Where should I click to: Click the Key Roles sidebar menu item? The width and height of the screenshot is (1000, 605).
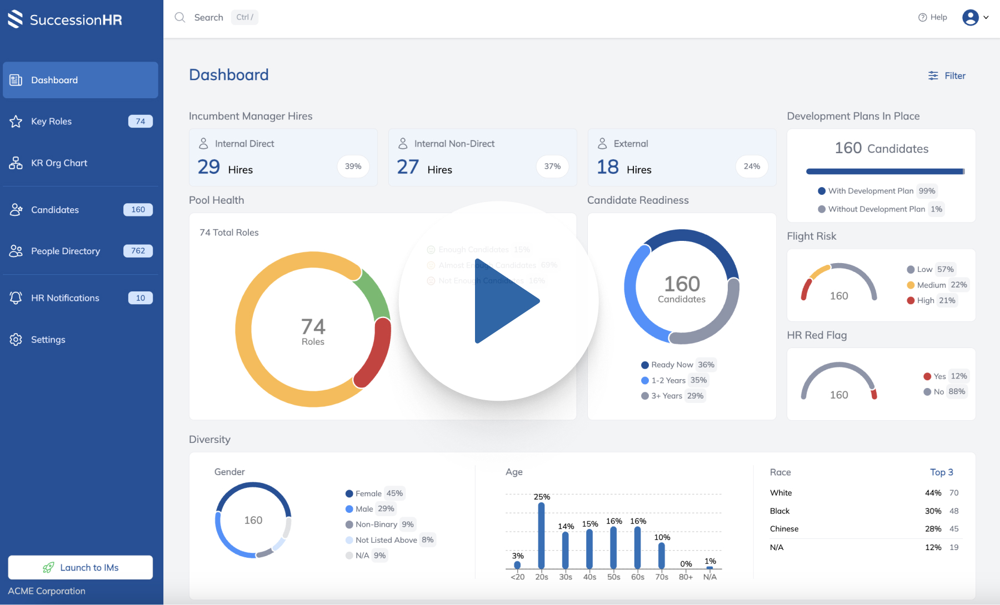coord(52,122)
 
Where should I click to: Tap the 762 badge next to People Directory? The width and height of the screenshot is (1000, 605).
coord(138,251)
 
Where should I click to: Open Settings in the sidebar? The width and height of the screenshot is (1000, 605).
coord(48,340)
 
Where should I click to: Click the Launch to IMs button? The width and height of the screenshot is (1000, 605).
coord(81,567)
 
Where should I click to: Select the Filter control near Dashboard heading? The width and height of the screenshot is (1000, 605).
coord(947,75)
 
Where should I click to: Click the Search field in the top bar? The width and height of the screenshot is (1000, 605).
coord(209,17)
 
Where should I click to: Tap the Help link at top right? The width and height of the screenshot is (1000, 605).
coord(933,17)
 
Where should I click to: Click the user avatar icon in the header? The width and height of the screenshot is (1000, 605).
coord(971,17)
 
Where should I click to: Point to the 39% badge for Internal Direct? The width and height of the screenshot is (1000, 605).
coord(353,167)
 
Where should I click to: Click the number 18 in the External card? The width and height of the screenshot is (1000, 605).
coord(607,167)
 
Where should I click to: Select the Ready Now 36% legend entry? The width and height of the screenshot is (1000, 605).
coord(678,365)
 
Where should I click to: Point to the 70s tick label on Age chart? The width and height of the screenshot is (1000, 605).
coord(662,577)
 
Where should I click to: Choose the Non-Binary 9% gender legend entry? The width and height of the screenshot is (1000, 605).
coord(381,525)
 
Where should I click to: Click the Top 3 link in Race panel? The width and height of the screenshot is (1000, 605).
coord(941,472)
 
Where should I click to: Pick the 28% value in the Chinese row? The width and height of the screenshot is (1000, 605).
coord(933,529)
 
